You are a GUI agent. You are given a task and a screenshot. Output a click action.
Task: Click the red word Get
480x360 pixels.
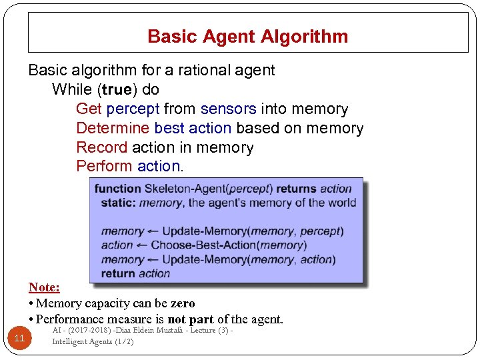(x=89, y=109)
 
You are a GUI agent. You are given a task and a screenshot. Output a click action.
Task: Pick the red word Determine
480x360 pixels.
(x=113, y=128)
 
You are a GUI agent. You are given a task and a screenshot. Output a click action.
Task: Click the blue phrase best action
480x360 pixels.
(x=193, y=128)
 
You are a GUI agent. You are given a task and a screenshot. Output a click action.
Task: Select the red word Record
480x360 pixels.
(x=101, y=147)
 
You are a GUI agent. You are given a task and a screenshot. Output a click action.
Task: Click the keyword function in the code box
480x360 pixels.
(x=118, y=189)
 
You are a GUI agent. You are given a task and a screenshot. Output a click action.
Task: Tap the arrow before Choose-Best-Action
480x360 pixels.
(x=142, y=245)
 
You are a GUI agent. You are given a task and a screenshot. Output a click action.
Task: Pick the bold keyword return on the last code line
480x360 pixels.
(x=119, y=273)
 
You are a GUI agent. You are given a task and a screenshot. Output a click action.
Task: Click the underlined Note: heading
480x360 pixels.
(x=44, y=287)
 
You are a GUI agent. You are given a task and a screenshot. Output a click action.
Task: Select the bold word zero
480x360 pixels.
(x=183, y=303)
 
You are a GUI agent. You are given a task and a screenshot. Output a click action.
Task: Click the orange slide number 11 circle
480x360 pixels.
(x=19, y=339)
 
